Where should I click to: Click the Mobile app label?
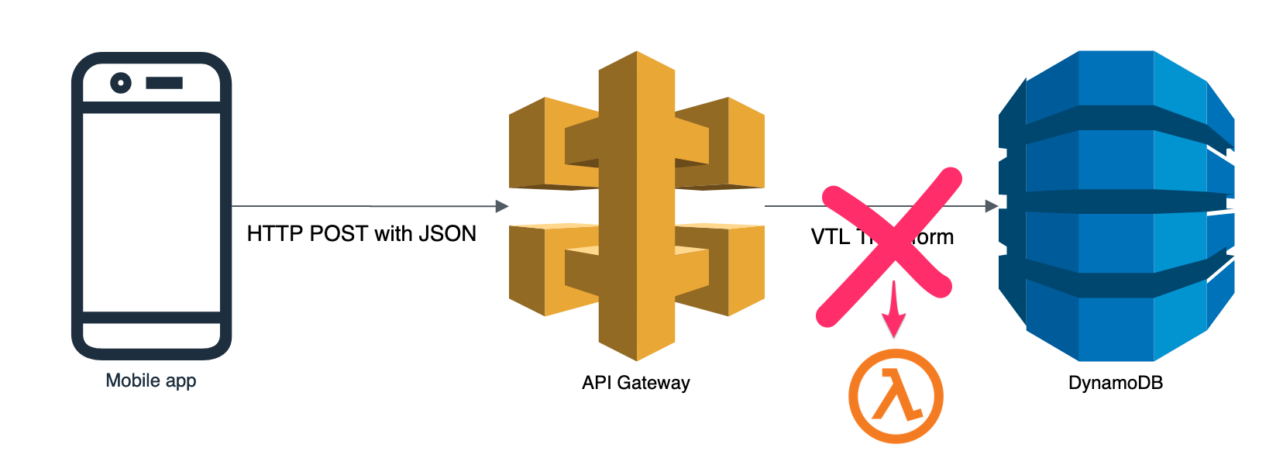(x=151, y=380)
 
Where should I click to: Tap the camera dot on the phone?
(x=121, y=83)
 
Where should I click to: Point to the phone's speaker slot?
(x=164, y=83)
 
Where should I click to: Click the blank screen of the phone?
(x=152, y=212)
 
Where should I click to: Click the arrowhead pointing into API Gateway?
(x=502, y=206)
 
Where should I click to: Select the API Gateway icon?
(x=637, y=206)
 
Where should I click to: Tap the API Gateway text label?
(x=636, y=383)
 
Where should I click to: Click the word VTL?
(x=830, y=237)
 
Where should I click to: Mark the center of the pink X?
(x=891, y=242)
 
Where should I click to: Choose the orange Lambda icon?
(x=896, y=396)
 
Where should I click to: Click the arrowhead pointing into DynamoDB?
(x=991, y=206)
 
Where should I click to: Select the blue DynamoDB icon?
(x=1116, y=206)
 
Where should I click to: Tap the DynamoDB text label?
(x=1116, y=383)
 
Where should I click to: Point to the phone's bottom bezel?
(x=152, y=337)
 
